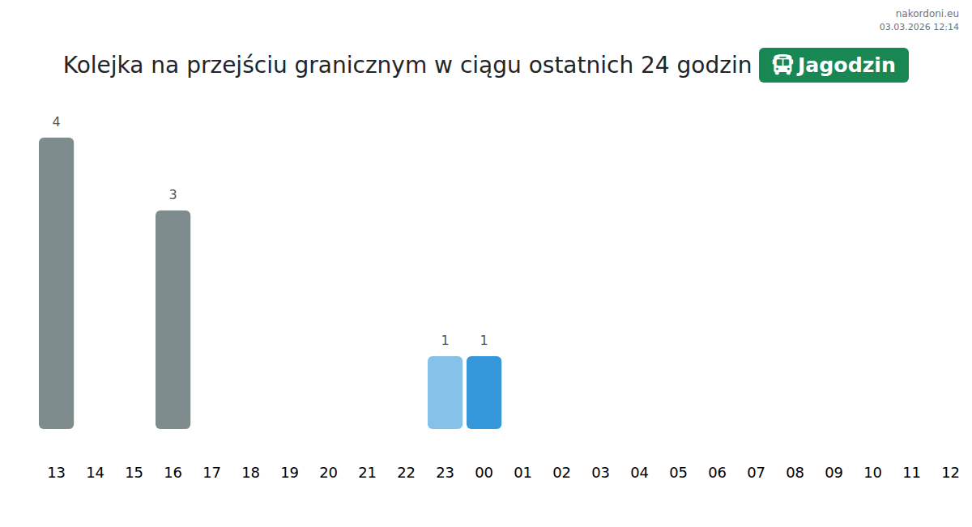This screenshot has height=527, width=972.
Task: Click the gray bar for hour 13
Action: pos(57,283)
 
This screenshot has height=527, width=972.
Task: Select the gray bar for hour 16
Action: pos(173,320)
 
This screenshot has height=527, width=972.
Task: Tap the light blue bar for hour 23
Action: pos(445,393)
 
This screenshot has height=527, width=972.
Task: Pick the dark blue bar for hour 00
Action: pos(484,393)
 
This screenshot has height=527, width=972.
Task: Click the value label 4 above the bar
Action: pos(56,122)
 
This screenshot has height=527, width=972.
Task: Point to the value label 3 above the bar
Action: pos(173,195)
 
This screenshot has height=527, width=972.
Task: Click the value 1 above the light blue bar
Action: pos(445,341)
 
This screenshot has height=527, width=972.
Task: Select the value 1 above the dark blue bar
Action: pos(484,341)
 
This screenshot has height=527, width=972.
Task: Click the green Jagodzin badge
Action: pos(833,65)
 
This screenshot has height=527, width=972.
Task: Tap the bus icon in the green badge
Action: pos(782,65)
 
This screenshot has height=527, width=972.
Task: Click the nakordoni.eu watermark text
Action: pos(927,14)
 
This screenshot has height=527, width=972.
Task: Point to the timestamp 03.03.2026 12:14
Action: pos(919,27)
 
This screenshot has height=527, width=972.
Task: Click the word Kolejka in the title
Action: pos(104,66)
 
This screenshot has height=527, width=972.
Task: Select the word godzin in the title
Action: pos(714,66)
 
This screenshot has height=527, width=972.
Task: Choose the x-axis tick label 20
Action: pos(328,472)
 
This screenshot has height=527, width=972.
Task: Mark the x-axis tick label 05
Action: pos(678,472)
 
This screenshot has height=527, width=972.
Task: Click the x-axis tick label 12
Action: pos(950,472)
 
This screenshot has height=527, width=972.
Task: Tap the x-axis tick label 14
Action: pos(95,472)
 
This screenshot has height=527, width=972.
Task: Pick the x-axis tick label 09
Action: pos(833,472)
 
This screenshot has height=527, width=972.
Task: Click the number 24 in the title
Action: pos(654,65)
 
